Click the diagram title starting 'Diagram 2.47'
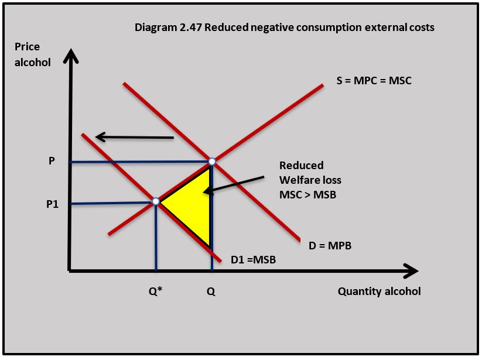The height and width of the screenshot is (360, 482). pos(285,27)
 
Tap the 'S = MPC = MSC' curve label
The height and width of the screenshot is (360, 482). pos(374,80)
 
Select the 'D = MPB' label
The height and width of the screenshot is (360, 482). pos(330,246)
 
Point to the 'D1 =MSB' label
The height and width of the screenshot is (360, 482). pos(253,258)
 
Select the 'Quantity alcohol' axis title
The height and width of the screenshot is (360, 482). pos(379,292)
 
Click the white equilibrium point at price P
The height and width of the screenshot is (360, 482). pos(212,161)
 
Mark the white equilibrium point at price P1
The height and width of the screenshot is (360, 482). pos(156,201)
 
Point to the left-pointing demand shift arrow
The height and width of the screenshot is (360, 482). pos(134,138)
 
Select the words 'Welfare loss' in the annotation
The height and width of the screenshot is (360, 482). pos(310,180)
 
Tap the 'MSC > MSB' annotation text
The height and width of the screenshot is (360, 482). pos(308,194)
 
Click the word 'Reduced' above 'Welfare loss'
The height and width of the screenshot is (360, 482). pos(301,166)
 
